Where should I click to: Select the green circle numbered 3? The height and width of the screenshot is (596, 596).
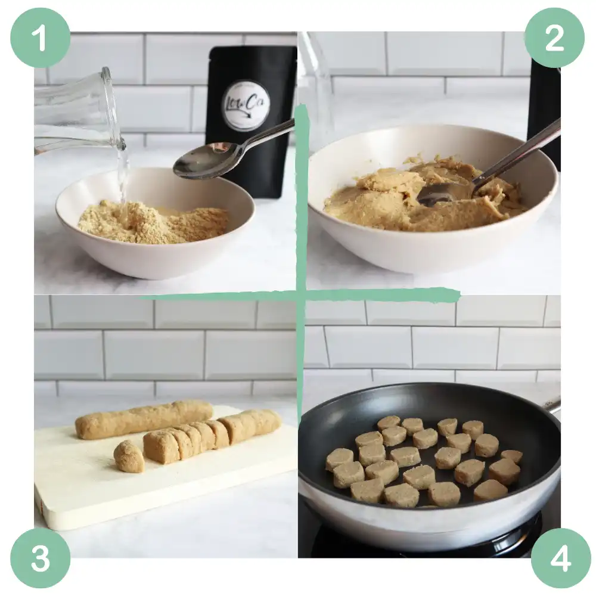tap(40, 558)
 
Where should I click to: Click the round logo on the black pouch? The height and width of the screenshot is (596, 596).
tap(246, 105)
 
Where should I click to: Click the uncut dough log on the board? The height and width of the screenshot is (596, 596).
tap(143, 418)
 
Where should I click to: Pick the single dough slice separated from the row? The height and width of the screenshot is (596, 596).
tap(129, 456)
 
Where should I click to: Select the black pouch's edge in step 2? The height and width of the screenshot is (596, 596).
tap(544, 113)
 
